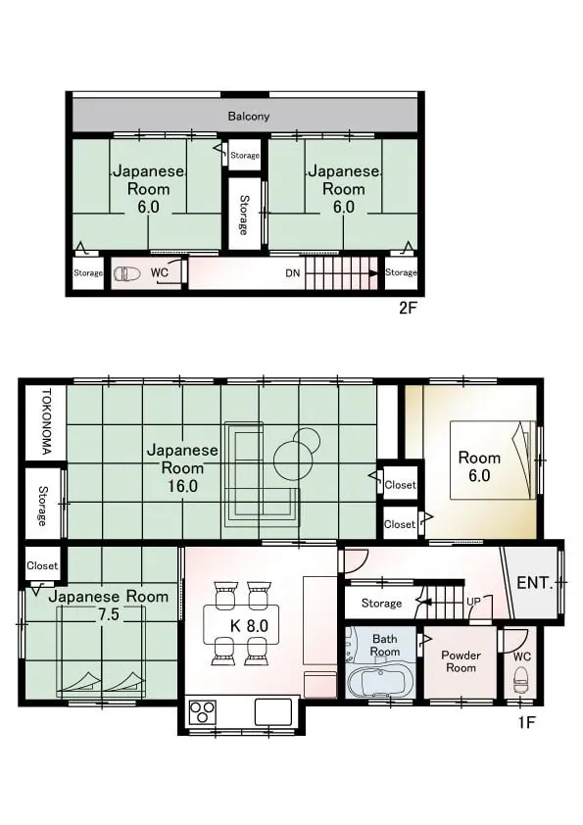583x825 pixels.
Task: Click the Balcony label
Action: pos(248,117)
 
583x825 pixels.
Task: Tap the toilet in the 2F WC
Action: pos(127,273)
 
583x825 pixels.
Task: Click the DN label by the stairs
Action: pos(293,273)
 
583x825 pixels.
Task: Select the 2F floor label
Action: pos(408,308)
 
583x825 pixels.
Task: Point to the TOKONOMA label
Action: pos(46,422)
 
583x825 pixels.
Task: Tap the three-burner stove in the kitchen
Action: pos(203,712)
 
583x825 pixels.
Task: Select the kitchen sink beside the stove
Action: pos(273,712)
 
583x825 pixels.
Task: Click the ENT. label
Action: pos(535,582)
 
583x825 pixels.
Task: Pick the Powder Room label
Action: pos(461,661)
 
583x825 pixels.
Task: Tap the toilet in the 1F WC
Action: pos(520,681)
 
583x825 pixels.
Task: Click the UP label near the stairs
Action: pos(473,601)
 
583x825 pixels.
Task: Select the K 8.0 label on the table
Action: pos(250,625)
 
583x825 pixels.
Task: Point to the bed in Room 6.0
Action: pos(493,460)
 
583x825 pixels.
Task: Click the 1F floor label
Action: pos(525,722)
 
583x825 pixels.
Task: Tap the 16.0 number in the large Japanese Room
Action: pos(182,486)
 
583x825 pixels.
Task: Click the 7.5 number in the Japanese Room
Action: pos(108,614)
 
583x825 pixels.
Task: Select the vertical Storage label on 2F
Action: pos(244,215)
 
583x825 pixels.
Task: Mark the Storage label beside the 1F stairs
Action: pos(381,603)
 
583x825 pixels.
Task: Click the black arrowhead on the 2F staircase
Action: pos(373,273)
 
